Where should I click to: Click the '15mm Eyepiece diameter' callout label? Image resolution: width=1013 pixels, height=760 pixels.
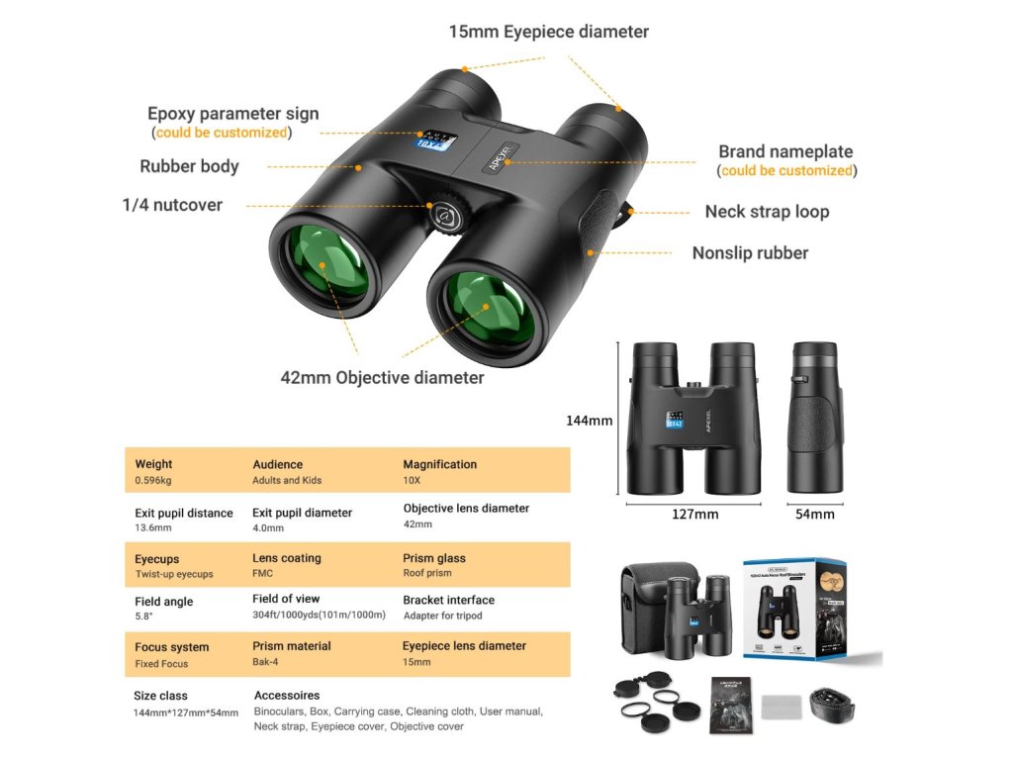[548, 32]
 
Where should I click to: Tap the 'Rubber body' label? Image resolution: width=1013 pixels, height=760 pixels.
[189, 166]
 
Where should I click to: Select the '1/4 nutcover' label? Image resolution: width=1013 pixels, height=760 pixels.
[172, 206]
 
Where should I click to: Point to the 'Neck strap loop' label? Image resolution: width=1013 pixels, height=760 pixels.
[767, 212]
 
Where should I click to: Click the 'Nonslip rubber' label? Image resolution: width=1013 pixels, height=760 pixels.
[750, 253]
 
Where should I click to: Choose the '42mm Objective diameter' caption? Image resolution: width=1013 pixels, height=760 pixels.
[382, 378]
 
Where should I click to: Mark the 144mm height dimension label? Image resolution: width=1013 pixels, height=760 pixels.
[589, 421]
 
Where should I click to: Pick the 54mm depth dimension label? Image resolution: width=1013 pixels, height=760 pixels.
[815, 515]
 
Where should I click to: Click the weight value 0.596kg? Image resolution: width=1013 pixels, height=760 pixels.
[153, 481]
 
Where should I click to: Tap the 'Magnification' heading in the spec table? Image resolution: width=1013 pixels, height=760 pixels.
[439, 464]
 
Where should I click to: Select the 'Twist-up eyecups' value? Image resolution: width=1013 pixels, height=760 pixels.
[174, 575]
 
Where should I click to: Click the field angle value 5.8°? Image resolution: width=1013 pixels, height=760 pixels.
[144, 617]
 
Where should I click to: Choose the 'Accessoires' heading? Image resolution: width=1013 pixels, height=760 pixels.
[287, 696]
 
